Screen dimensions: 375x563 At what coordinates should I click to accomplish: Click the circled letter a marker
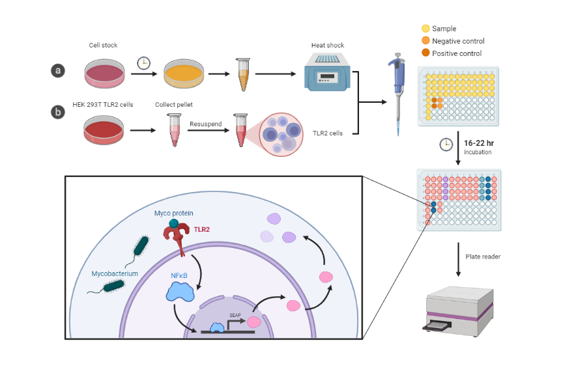click(59, 71)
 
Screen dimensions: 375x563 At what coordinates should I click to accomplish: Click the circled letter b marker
click(59, 111)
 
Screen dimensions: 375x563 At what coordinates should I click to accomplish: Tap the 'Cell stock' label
click(103, 46)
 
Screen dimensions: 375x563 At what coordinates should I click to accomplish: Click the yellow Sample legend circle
click(426, 29)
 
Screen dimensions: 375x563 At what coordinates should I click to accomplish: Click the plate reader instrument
click(458, 311)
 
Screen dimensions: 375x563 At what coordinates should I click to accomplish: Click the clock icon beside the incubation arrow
click(446, 145)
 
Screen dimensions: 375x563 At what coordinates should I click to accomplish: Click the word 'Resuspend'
click(206, 123)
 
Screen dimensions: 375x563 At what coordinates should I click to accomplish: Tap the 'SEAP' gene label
click(235, 314)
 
